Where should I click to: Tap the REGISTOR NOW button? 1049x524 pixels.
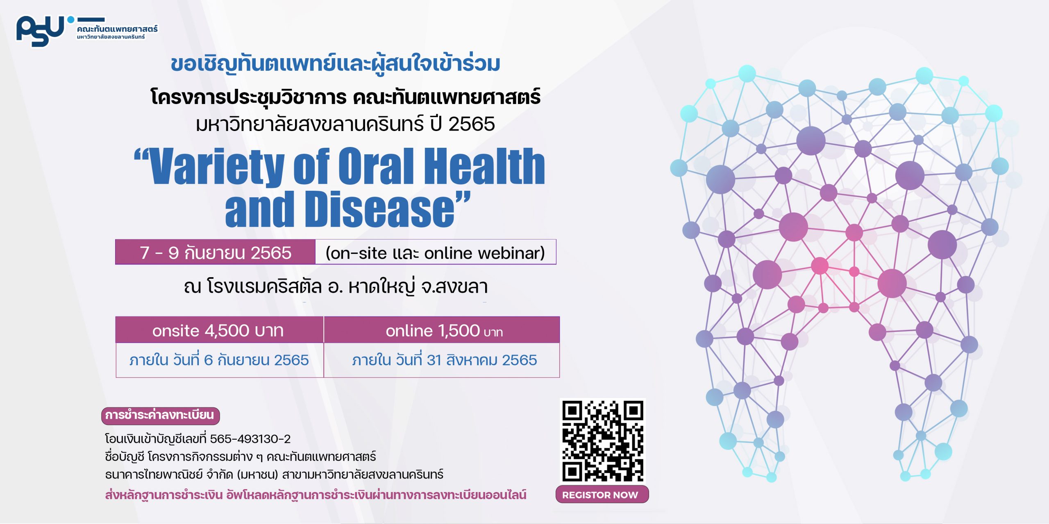pos(602,495)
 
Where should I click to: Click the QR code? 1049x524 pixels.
pos(602,440)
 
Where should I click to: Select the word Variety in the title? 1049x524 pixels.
pos(216,167)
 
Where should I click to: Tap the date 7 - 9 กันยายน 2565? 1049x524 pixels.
pos(216,252)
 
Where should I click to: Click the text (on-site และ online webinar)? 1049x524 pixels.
pos(435,253)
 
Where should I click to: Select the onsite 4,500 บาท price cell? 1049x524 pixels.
pos(220,330)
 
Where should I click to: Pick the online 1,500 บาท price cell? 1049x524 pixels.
pos(442,330)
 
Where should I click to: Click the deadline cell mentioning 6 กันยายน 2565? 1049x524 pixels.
pos(220,360)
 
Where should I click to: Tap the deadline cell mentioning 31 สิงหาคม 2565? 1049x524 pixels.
pos(442,360)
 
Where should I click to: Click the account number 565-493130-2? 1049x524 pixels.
pos(250,439)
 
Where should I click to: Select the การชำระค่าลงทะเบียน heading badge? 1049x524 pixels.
pos(161,416)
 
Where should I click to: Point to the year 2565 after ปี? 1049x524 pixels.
pos(472,124)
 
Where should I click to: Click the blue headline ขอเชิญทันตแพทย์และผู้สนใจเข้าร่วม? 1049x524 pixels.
pos(336,64)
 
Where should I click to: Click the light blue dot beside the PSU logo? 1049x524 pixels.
pos(71,19)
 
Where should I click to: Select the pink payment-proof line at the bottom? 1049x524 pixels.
pos(316,495)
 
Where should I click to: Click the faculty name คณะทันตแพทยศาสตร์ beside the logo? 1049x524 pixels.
pos(117,29)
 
